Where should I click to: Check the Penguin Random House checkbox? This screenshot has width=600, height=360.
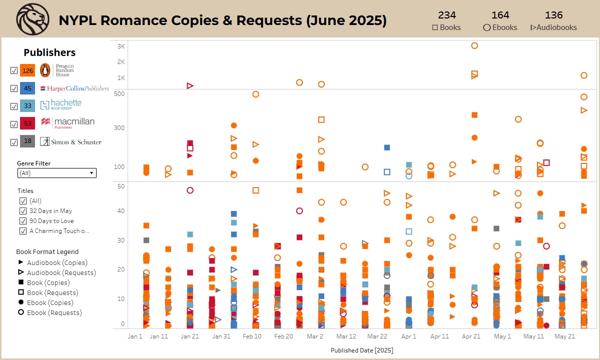pyautogui.click(x=14, y=70)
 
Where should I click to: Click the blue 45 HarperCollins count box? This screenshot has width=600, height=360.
pyautogui.click(x=28, y=88)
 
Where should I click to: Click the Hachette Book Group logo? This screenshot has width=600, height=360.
pyautogui.click(x=61, y=105)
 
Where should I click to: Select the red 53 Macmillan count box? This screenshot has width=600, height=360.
pyautogui.click(x=28, y=123)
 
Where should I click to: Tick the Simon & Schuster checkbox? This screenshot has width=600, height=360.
pyautogui.click(x=14, y=141)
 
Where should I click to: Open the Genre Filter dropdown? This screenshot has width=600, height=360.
pyautogui.click(x=57, y=173)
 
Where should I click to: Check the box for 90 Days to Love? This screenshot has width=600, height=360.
pyautogui.click(x=23, y=221)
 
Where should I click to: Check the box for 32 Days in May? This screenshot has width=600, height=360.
pyautogui.click(x=23, y=211)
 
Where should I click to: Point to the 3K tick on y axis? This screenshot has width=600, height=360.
pyautogui.click(x=121, y=46)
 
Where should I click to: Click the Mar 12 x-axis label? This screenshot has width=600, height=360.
pyautogui.click(x=346, y=336)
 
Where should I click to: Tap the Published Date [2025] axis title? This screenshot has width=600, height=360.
pyautogui.click(x=361, y=350)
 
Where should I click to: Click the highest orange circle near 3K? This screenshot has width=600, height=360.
pyautogui.click(x=474, y=45)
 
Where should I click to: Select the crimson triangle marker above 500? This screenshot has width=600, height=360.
pyautogui.click(x=190, y=86)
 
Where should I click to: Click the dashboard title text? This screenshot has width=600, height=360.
pyautogui.click(x=223, y=20)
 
